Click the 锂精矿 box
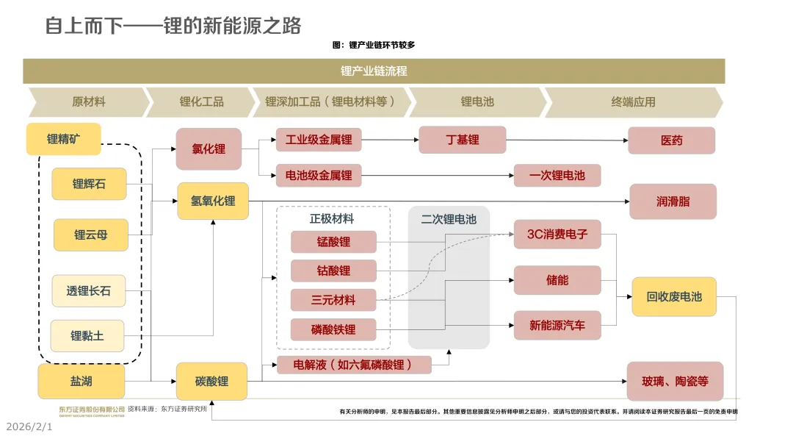point(63,139)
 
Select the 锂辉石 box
point(89,184)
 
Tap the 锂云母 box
point(90,235)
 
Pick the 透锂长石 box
point(88,291)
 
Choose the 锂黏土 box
point(87,336)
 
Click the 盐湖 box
point(81,382)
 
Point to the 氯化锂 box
point(209,149)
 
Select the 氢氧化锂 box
point(213,201)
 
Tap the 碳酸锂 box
point(211,382)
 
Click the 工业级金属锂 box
point(319,139)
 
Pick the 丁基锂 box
point(462,140)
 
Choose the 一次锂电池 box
point(557,176)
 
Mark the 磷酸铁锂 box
point(333,329)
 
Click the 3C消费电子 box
point(557,235)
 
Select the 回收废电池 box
point(674,297)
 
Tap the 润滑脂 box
point(673,201)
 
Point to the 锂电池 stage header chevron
point(477,102)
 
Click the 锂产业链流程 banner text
point(374,71)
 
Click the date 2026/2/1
point(29,426)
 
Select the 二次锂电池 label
point(449,219)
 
